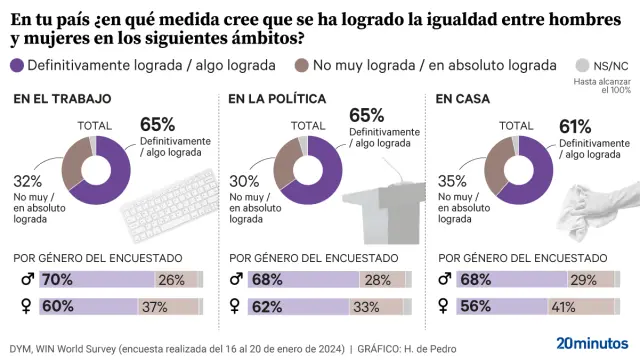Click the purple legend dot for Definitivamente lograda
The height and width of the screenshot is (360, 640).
pyautogui.click(x=17, y=65)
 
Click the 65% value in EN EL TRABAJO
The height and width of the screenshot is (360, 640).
pyautogui.click(x=158, y=125)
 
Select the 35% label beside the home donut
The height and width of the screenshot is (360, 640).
pyautogui.click(x=452, y=182)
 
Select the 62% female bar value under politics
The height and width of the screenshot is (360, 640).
pyautogui.click(x=267, y=306)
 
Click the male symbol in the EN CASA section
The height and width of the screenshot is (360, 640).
pyautogui.click(x=445, y=279)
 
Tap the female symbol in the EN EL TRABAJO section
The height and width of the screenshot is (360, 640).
pyautogui.click(x=24, y=306)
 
